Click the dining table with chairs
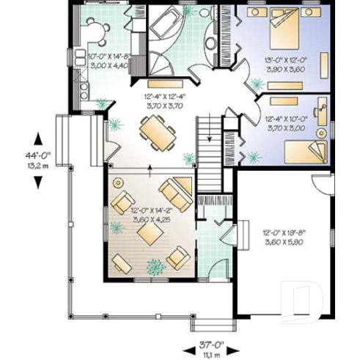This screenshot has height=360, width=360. [x=157, y=133]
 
